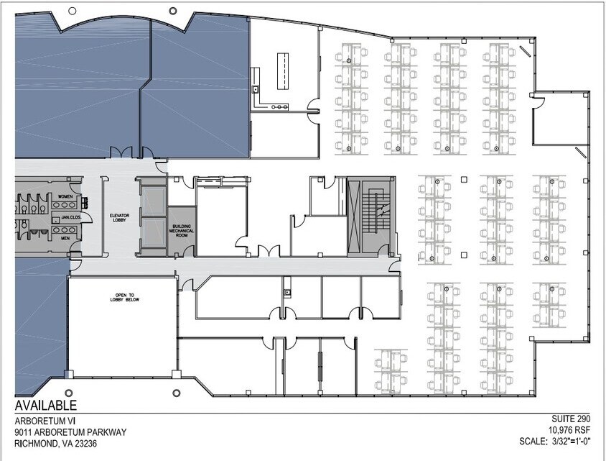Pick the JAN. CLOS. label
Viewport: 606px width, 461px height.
(x=70, y=216)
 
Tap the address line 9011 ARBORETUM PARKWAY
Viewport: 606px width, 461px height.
(x=70, y=432)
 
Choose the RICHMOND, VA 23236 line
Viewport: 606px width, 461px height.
(x=56, y=444)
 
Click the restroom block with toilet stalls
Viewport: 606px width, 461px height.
(x=32, y=216)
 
